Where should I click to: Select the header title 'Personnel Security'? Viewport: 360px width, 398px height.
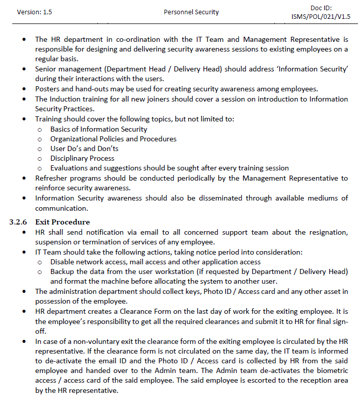(191, 12)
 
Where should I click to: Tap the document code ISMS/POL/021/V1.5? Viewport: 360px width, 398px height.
(321, 16)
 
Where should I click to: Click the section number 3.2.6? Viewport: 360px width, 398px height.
(19, 222)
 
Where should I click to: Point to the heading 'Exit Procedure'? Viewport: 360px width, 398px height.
(62, 222)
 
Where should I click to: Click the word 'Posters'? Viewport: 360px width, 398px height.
(47, 88)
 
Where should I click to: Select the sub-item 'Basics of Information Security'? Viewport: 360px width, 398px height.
(98, 129)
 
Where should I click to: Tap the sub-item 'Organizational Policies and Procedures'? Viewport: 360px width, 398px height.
(113, 139)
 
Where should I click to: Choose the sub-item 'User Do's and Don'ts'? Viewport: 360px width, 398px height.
(84, 148)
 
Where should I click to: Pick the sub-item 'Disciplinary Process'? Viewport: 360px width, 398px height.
(82, 158)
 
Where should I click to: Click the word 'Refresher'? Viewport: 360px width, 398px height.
(53, 178)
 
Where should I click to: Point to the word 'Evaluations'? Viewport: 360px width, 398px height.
(70, 168)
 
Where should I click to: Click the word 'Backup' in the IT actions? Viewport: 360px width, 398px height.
(62, 271)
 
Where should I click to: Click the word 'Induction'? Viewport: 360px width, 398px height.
(66, 98)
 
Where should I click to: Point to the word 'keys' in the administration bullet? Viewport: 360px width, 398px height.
(193, 291)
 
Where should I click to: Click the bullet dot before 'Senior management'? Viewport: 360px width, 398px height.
(24, 69)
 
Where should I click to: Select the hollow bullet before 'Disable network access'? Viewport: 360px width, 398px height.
(40, 262)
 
